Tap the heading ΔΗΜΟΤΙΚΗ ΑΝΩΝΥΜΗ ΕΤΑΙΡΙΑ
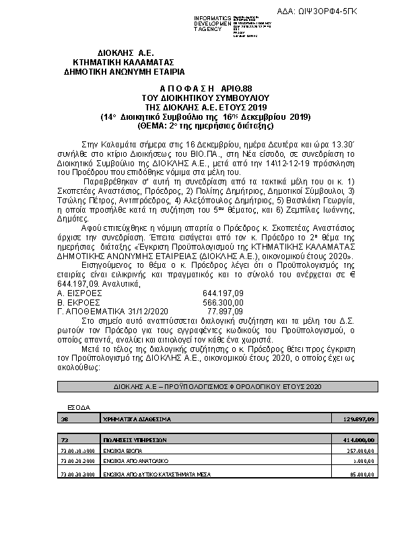pyautogui.click(x=125, y=71)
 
